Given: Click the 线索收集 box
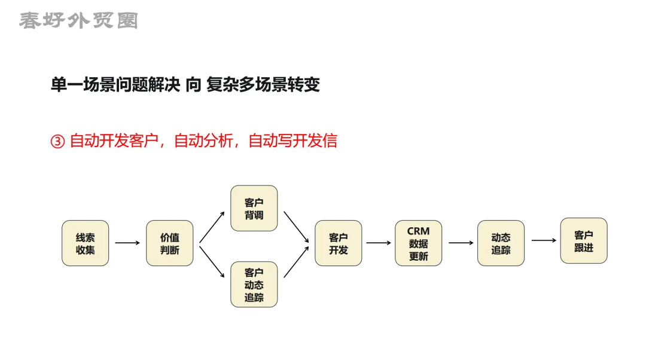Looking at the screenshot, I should click(86, 243).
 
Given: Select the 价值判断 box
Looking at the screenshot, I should click(170, 243).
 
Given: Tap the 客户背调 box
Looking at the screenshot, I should click(254, 208).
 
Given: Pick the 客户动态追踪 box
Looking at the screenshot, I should click(254, 285).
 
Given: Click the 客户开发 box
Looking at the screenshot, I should click(339, 243).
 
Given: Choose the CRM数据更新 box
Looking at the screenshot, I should click(419, 243).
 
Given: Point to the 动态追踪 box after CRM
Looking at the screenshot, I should click(501, 243).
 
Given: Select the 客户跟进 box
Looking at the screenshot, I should click(584, 240).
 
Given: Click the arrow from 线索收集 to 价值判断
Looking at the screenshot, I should click(127, 243).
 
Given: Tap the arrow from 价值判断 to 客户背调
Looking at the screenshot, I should click(212, 227).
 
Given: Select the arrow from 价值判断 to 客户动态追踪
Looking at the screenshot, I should click(212, 261).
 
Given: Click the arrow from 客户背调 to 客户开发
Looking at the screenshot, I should click(297, 227).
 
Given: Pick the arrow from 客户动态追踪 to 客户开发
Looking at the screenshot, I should click(297, 261).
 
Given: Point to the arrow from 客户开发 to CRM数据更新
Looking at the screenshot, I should click(379, 243).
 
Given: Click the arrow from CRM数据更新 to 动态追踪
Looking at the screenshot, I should click(461, 243).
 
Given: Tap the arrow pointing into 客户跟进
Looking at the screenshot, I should click(543, 240).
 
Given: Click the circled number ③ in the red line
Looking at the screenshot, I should click(57, 142).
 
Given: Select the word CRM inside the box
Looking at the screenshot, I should click(418, 231).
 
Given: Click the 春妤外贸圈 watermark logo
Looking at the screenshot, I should click(78, 21).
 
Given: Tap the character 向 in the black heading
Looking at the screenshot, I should click(193, 85).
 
